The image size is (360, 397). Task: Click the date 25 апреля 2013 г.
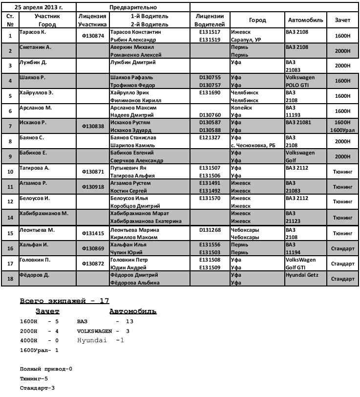point(39,7)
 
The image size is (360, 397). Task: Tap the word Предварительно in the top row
point(133,8)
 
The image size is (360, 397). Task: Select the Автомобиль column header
point(305,20)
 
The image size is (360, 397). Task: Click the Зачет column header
point(342,20)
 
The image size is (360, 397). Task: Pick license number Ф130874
point(93,35)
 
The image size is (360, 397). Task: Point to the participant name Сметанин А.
point(35,47)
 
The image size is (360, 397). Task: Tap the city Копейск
point(241,108)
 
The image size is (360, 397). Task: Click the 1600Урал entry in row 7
point(342,130)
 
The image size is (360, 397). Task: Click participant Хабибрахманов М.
point(43,214)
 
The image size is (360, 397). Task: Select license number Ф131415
point(93,233)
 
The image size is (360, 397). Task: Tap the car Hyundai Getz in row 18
point(302,275)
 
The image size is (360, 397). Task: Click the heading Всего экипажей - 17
point(64,301)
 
